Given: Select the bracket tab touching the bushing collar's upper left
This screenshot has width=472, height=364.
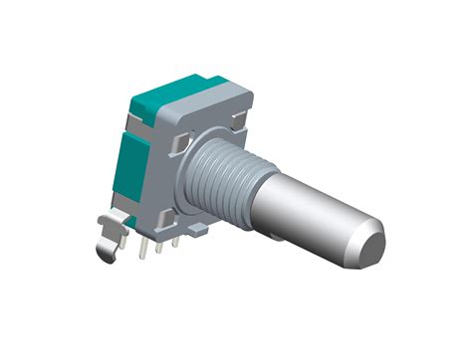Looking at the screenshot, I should coord(178,146).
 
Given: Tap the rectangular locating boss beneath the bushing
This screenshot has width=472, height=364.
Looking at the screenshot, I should coord(198,230).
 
